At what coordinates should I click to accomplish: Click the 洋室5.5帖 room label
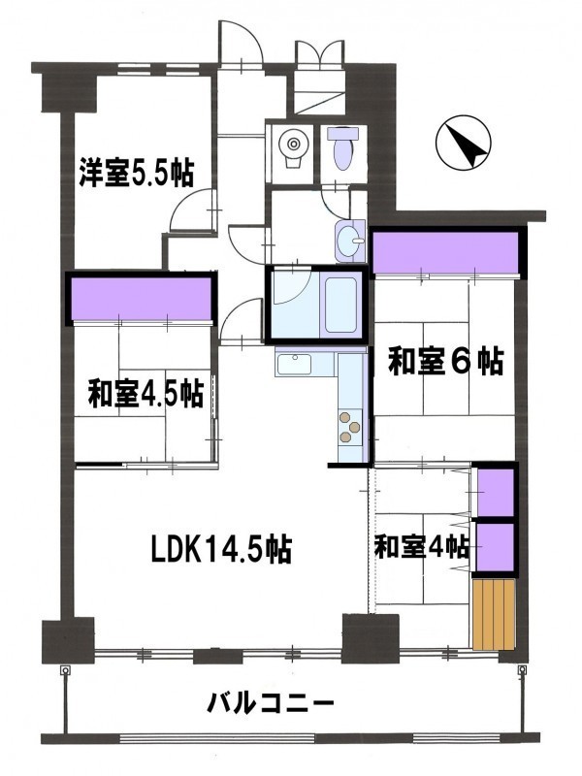pos(136,173)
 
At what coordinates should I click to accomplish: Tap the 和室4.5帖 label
pos(145,394)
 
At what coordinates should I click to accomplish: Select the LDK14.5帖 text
pos(221,549)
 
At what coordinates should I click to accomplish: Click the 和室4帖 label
pos(422,547)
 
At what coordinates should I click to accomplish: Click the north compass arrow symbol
pos(464,142)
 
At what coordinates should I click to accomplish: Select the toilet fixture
pos(344,147)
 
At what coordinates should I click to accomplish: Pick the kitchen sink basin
pos(294,365)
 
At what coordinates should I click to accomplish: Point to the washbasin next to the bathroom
pos(351,241)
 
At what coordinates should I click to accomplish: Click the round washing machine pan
pos(294,145)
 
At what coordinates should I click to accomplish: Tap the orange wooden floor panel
pos(495,614)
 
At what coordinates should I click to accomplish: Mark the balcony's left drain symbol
pos(64,670)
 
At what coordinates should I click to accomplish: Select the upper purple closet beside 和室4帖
pos(496,491)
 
